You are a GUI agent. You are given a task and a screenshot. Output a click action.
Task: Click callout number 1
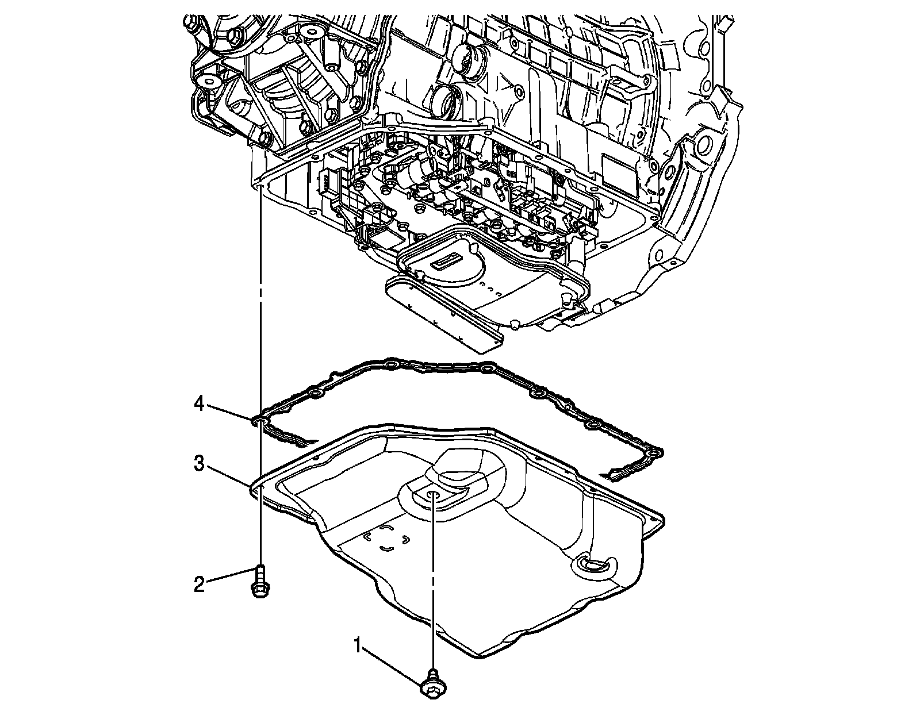click(358, 646)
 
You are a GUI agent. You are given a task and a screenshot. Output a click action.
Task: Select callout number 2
click(198, 585)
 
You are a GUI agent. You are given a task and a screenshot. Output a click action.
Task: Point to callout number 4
click(198, 405)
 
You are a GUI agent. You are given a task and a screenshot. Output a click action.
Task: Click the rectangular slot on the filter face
click(447, 266)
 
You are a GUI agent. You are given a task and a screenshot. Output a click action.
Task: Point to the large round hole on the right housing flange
click(703, 145)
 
